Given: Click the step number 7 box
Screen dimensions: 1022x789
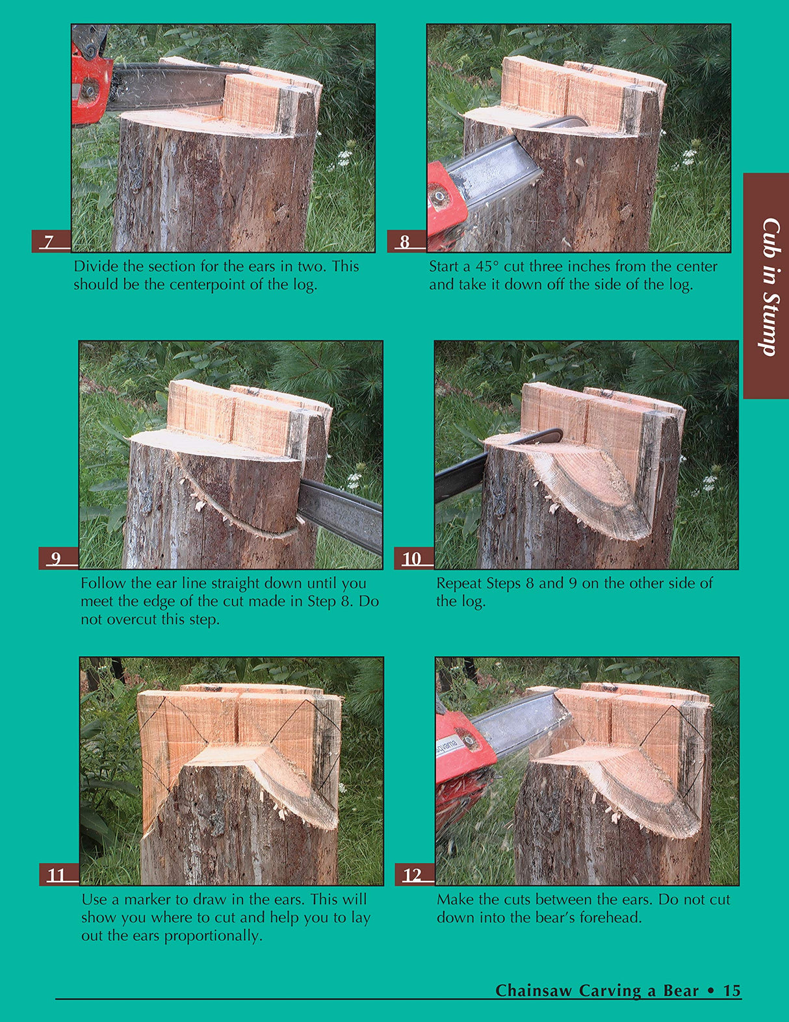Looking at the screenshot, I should (50, 241).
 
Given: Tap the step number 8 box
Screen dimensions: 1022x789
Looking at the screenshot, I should (406, 241).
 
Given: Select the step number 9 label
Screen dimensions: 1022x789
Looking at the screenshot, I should (58, 558).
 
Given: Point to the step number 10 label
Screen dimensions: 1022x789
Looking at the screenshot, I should (413, 558).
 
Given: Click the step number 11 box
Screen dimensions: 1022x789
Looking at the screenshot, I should (58, 875).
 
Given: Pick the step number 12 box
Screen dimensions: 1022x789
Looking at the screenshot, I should (414, 875).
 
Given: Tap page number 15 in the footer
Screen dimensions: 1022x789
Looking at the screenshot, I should (732, 990).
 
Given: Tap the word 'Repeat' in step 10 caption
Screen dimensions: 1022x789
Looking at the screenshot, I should (458, 583).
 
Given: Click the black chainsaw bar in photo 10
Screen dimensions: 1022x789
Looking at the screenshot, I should (460, 478).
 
